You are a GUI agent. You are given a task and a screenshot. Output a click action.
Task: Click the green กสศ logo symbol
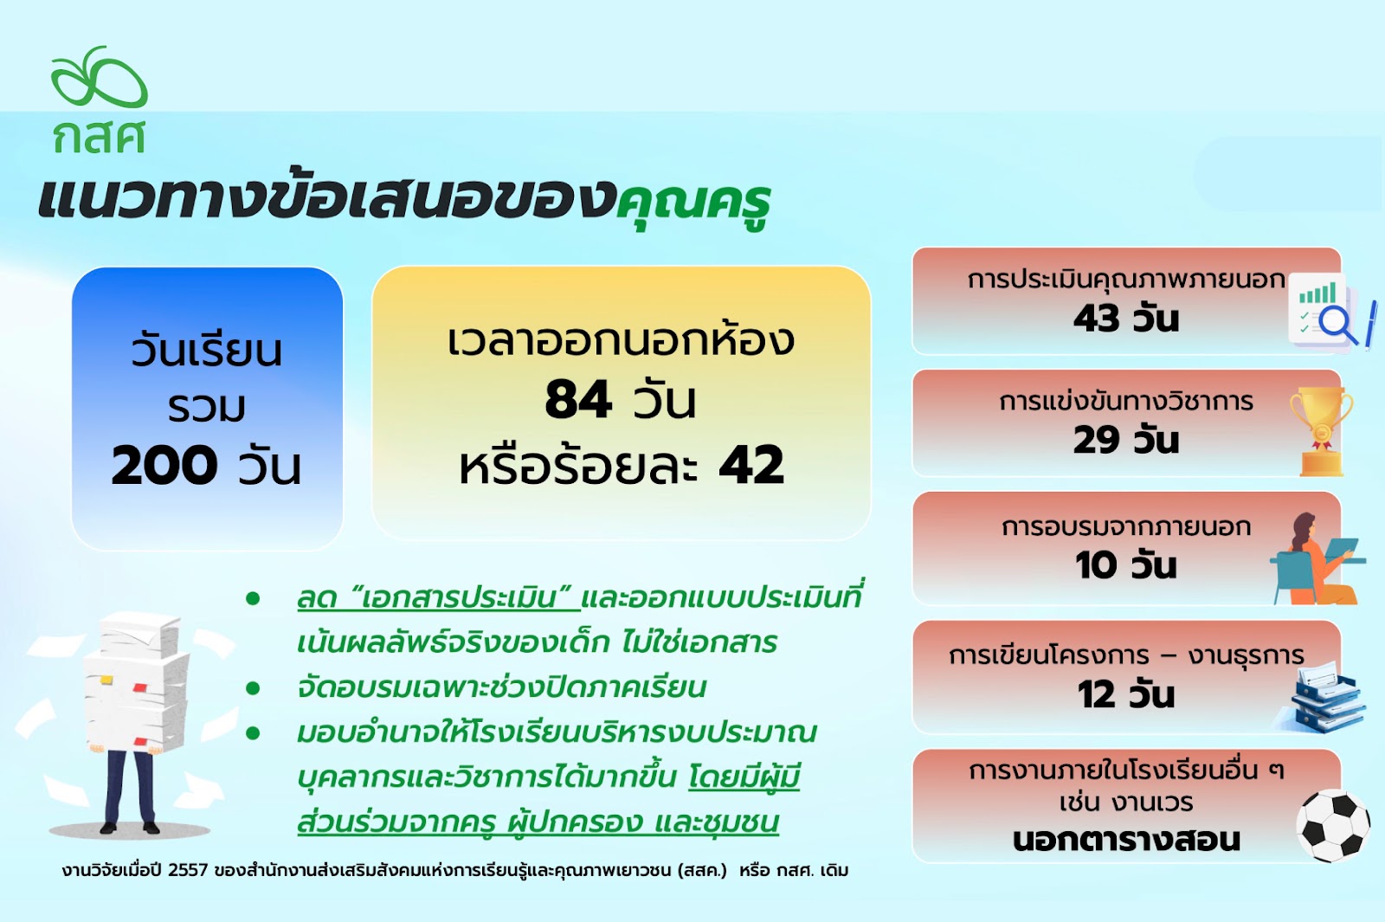point(99,76)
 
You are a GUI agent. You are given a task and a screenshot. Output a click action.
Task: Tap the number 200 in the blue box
point(164,464)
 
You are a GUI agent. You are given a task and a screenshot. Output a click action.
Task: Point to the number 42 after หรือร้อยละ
point(752,464)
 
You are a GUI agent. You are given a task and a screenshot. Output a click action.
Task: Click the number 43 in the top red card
point(1096,319)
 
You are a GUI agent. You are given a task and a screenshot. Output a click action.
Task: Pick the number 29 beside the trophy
point(1096,441)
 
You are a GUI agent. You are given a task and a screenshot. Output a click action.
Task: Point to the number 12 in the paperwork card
point(1097,694)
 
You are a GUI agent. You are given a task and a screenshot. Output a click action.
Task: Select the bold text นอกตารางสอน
point(1126,840)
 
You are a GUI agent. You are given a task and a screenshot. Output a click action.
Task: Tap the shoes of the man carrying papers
point(130,828)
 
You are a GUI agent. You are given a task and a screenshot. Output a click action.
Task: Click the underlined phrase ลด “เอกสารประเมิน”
point(438,599)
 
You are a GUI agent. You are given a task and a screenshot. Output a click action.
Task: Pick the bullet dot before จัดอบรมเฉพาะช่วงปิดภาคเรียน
point(252,688)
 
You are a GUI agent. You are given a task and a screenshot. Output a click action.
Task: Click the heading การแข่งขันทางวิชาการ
point(1126,402)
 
